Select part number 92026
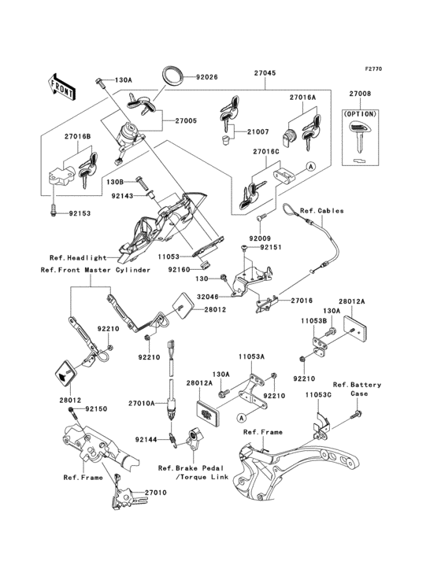(206, 77)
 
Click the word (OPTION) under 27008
(360, 113)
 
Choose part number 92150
(94, 410)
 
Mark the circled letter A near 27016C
(309, 167)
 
